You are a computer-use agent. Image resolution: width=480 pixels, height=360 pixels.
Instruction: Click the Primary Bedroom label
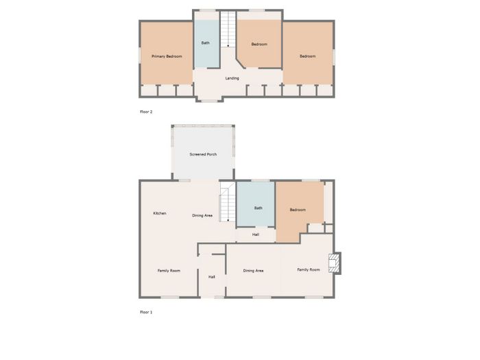pos(167,56)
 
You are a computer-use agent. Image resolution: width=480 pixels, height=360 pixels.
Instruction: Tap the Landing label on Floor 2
pos(232,78)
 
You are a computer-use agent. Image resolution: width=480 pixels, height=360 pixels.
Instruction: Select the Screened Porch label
pos(203,154)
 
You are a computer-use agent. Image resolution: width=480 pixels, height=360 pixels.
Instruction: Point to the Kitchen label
pos(160,213)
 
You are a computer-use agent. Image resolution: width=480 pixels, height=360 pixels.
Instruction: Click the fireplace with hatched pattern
pos(335,263)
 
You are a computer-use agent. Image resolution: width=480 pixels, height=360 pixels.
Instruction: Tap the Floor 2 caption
pos(146,112)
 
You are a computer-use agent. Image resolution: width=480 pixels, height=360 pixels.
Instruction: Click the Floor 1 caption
pos(146,312)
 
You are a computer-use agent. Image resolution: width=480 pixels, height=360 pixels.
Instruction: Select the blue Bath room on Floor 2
pos(207,44)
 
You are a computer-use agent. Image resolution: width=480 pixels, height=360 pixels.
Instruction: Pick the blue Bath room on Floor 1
pos(256,204)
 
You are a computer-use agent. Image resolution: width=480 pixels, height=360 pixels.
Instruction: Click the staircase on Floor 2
pos(228,29)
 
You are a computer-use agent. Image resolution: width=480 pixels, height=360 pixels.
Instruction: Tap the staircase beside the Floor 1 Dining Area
pos(228,202)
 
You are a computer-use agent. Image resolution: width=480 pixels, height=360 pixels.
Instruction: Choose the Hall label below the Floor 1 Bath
pos(256,235)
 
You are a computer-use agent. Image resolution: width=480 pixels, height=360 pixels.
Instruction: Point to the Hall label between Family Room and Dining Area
pos(211,277)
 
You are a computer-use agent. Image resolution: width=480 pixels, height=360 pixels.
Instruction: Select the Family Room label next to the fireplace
pos(309,269)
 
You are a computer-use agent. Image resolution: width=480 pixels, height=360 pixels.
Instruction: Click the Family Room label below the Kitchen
pos(169,271)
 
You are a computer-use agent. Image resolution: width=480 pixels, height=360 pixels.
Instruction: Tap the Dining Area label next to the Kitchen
pos(202,215)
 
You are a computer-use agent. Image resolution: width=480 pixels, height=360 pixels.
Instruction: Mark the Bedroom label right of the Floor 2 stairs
pos(259,44)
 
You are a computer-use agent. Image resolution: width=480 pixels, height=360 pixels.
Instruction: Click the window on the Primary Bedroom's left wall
pos(140,56)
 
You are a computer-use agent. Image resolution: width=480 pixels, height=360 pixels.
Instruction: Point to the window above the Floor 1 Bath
pos(260,180)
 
